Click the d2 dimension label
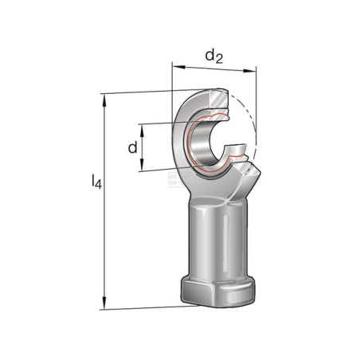(213, 57)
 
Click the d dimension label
(133, 147)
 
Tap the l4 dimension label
(96, 182)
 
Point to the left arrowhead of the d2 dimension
(178, 66)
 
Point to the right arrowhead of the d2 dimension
(250, 71)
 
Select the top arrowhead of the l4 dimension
(104, 100)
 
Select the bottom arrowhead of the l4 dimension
(104, 303)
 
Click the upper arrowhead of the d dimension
(142, 131)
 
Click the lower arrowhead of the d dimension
(142, 165)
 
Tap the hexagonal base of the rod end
(217, 291)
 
